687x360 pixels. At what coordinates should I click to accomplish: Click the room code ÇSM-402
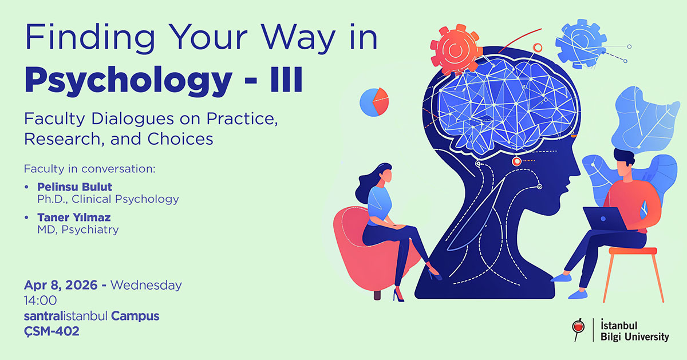coord(52,331)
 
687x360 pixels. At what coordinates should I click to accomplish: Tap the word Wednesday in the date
coord(146,284)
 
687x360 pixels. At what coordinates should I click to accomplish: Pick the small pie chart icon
coord(374,101)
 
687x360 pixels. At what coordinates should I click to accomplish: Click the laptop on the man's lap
coord(604,218)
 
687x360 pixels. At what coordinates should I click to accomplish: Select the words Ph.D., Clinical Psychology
coord(108,199)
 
